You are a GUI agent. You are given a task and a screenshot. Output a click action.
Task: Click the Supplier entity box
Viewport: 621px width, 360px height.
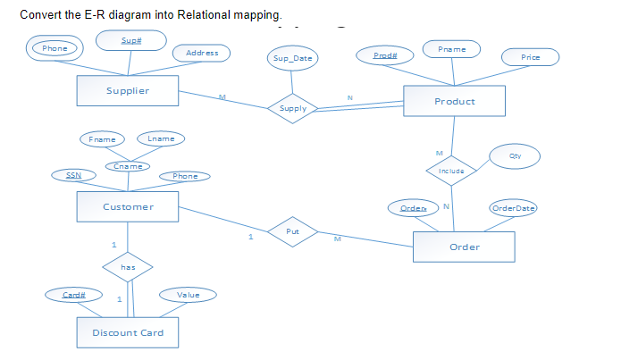[x=128, y=90]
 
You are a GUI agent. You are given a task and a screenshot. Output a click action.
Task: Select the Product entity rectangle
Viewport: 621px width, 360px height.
[x=454, y=101]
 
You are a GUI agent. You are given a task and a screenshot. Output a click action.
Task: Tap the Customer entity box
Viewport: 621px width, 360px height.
[x=128, y=206]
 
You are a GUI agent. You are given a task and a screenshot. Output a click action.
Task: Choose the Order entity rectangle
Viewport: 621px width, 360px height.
[x=464, y=247]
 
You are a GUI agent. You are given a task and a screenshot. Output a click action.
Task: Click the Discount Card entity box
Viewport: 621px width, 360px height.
[x=128, y=332]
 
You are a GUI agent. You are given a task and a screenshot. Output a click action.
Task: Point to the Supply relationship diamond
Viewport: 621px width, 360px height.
[x=293, y=108]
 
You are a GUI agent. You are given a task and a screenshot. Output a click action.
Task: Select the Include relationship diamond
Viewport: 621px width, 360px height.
[x=451, y=170]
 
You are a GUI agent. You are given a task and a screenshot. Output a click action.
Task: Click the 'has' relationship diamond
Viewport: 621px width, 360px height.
[x=129, y=265]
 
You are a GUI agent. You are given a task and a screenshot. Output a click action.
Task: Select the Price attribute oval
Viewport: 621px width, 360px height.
[x=531, y=57]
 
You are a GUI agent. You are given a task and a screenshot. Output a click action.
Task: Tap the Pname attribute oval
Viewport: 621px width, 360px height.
[x=452, y=47]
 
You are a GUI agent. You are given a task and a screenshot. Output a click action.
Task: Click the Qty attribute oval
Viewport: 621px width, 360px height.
[x=514, y=157]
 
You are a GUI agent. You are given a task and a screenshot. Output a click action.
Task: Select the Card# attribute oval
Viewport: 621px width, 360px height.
[x=74, y=294]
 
